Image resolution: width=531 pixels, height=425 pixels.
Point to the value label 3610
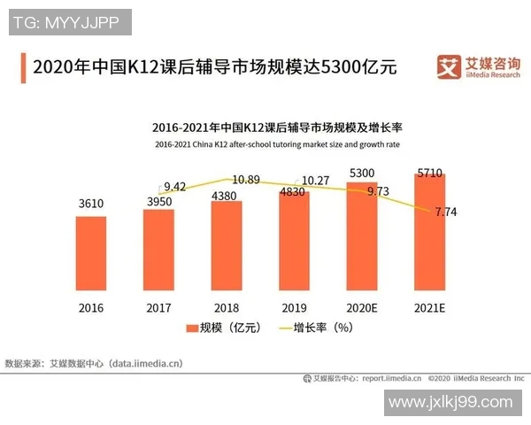90,204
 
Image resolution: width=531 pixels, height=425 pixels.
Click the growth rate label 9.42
175,186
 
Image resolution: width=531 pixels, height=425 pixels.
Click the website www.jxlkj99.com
450,403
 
